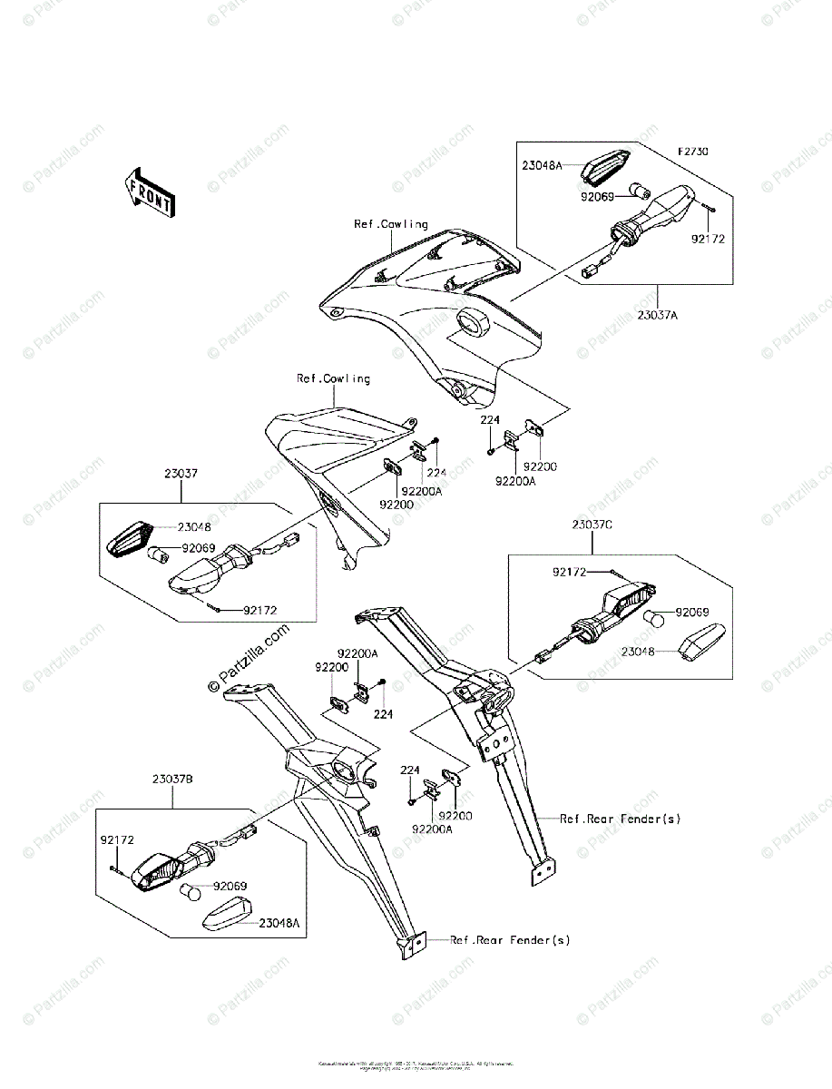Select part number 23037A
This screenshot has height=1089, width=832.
(658, 315)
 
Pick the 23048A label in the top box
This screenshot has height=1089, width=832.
(542, 165)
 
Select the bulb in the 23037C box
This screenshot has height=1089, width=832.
(655, 620)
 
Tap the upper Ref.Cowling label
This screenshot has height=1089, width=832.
(391, 223)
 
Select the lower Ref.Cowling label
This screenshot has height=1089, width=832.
(333, 378)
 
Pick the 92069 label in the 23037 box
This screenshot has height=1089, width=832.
(201, 548)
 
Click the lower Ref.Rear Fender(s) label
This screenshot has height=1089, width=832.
(510, 940)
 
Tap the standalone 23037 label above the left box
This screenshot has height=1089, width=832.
(181, 473)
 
